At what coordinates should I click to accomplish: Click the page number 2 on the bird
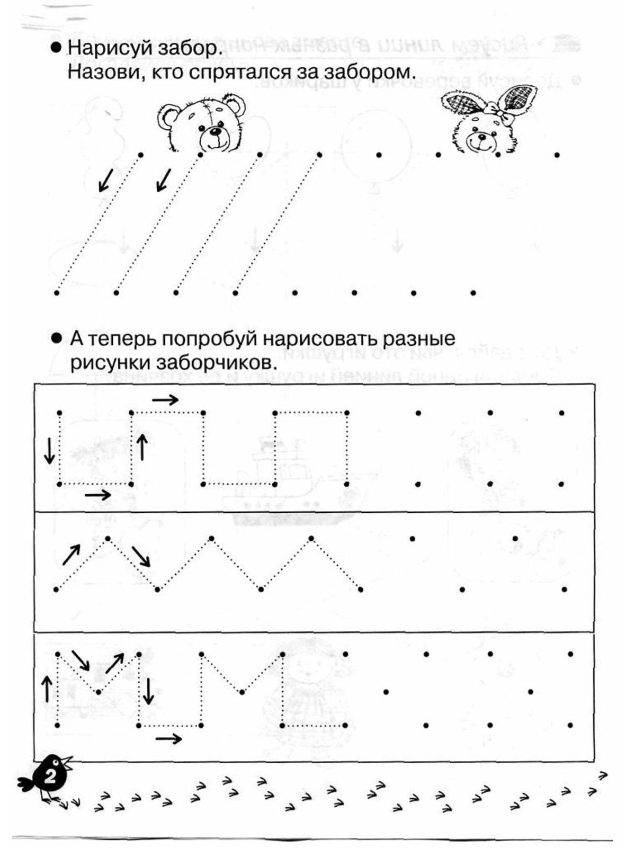tap(51, 778)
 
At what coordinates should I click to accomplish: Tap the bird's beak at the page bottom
tap(68, 762)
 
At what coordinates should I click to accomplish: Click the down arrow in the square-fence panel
tap(49, 450)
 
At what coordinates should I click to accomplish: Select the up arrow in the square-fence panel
tap(141, 447)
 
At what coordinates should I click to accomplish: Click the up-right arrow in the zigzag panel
tap(71, 554)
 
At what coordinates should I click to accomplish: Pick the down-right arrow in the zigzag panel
tap(141, 556)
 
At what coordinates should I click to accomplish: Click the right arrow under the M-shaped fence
tap(168, 738)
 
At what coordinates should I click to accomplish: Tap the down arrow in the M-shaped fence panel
tap(149, 691)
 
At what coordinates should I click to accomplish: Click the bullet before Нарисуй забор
tap(56, 48)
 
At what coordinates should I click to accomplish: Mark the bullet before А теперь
tap(56, 338)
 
